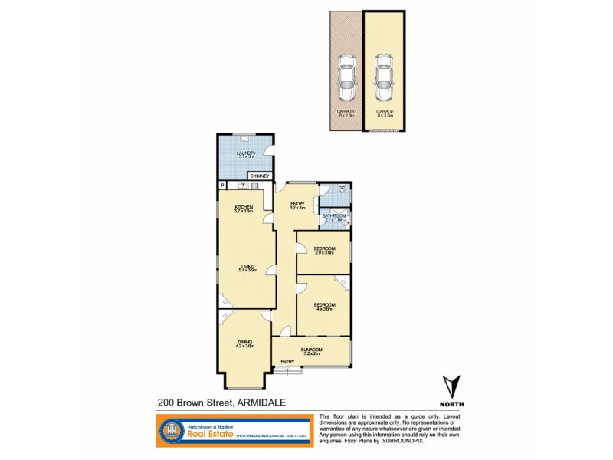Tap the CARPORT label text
pos(346,113)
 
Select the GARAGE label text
pos(385,113)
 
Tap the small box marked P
pos(222,185)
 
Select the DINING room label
pos(244,343)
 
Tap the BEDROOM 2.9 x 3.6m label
pos(323,251)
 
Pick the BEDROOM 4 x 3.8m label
pos(323,307)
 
